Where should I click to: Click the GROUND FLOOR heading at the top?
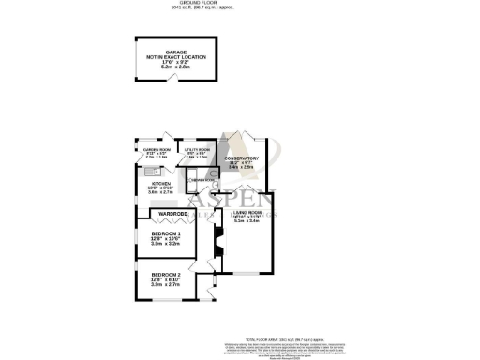[x=239, y=4]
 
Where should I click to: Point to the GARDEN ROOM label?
[x=156, y=150]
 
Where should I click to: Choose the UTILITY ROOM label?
[x=196, y=150]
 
